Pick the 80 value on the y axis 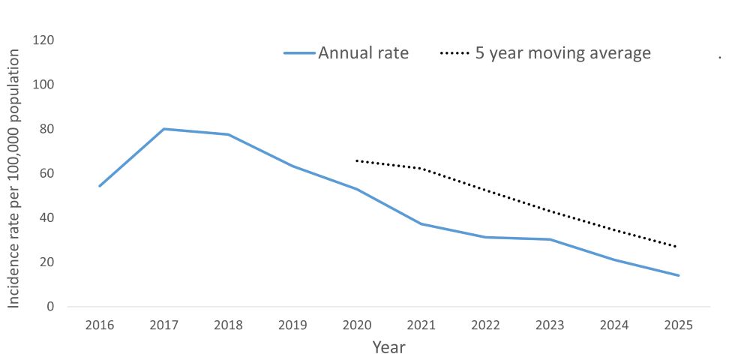47,129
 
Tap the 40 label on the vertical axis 47,217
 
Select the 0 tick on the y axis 50,306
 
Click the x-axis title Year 388,347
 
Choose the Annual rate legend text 363,53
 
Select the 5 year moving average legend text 562,53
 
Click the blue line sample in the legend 299,54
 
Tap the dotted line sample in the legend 455,54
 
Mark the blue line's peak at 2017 163,129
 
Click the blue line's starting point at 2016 99,186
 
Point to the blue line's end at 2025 679,275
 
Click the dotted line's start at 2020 356,160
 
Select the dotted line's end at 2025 678,247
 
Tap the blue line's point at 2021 421,223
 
